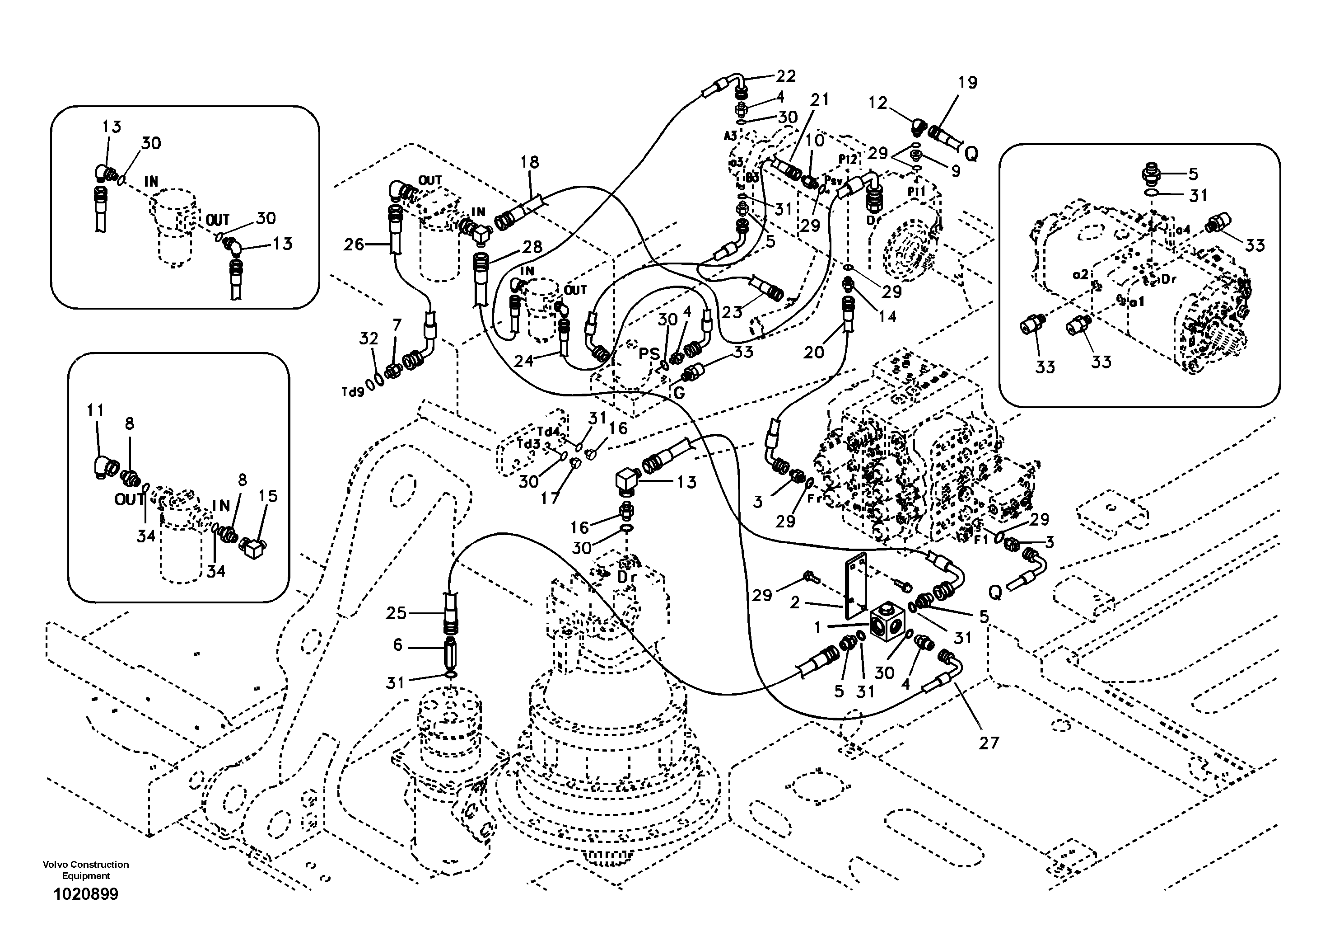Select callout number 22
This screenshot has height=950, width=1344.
pos(786,76)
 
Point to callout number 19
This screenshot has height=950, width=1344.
pos(968,83)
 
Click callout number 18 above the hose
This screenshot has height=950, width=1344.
pos(529,162)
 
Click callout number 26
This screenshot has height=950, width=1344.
pos(354,244)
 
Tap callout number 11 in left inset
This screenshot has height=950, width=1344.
pos(95,410)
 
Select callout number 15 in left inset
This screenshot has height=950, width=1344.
pos(268,496)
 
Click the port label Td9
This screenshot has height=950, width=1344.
pos(353,391)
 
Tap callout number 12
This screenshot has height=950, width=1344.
pos(878,103)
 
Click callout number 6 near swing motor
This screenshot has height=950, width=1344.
pos(397,645)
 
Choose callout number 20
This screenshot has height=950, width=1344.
pos(814,352)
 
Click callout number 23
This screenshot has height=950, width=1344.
pos(732,312)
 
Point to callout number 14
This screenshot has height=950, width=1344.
pos(887,316)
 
